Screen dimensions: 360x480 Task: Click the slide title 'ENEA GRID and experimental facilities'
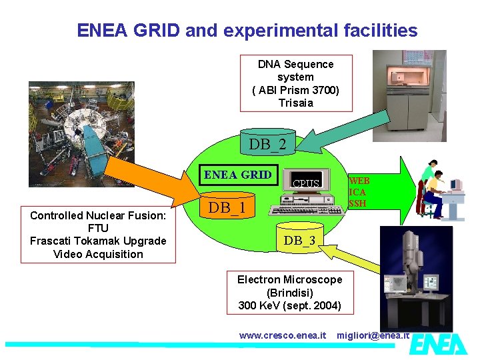click(x=247, y=31)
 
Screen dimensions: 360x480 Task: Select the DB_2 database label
click(x=267, y=144)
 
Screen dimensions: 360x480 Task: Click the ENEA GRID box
click(x=238, y=175)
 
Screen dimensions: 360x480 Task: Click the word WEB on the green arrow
click(x=359, y=181)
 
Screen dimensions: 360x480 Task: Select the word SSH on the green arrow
click(x=357, y=203)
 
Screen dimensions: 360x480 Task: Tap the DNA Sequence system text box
click(x=295, y=83)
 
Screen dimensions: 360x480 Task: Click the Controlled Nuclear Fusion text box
click(x=97, y=235)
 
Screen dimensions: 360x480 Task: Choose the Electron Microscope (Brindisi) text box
click(x=289, y=292)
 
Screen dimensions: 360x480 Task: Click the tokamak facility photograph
click(x=81, y=134)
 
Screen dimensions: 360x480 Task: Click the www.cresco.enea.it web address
click(x=283, y=335)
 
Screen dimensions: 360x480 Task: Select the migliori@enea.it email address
click(x=373, y=335)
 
